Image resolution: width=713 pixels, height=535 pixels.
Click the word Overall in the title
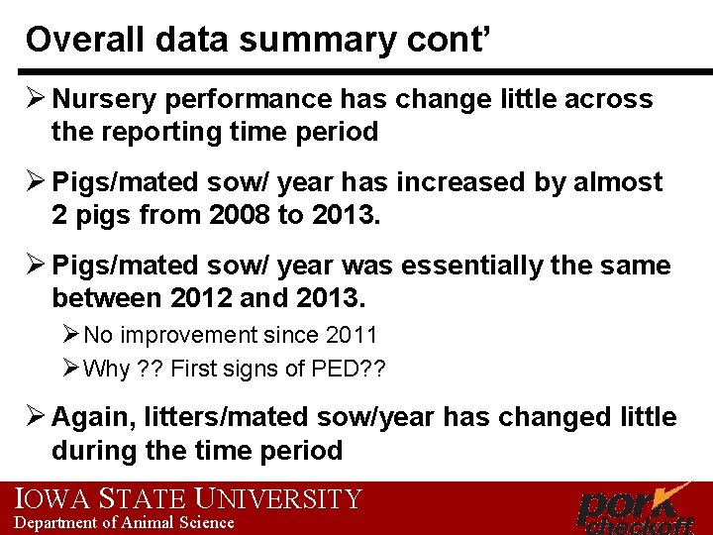click(x=75, y=40)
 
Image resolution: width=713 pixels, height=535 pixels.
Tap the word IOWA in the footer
click(x=46, y=498)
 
